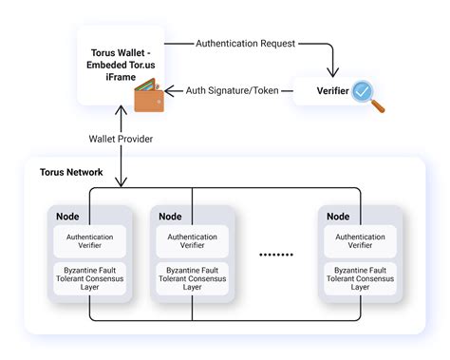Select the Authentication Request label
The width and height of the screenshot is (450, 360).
point(244,44)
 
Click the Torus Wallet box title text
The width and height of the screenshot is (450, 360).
point(121,58)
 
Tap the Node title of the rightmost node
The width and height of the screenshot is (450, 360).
point(338,217)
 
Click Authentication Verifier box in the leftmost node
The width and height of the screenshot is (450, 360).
point(90,241)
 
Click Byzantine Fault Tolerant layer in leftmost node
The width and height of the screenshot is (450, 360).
point(90,277)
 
